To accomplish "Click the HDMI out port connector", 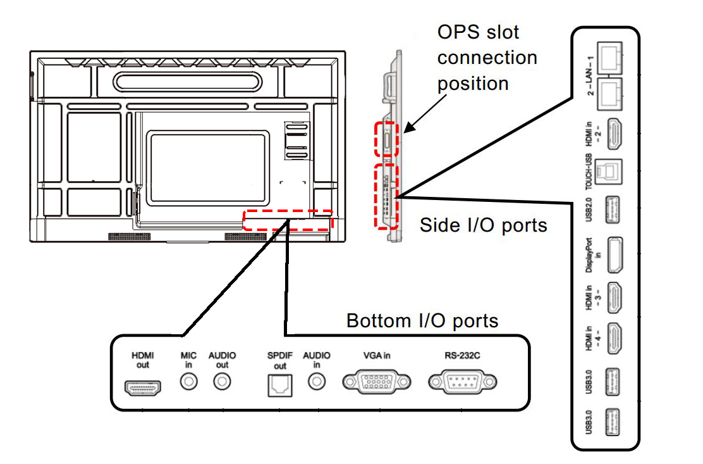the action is [x=143, y=388].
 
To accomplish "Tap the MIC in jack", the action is [x=189, y=382].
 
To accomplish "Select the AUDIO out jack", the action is [x=222, y=382].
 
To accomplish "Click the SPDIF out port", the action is [x=280, y=386].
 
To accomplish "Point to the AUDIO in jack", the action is [x=317, y=382].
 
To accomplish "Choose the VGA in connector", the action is [x=377, y=382].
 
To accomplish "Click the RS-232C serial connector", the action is [x=463, y=382].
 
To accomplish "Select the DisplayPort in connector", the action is [x=615, y=255].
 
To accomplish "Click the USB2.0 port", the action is [x=613, y=210].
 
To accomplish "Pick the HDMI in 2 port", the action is [x=614, y=134].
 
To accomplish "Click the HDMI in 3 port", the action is [x=614, y=298].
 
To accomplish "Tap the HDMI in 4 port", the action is [x=614, y=339].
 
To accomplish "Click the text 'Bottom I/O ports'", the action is [x=422, y=321].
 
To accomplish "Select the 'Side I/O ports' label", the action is [x=483, y=225].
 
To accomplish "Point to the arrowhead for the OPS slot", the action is [x=408, y=128].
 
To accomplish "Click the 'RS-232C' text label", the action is [x=462, y=355].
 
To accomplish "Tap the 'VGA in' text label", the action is [x=377, y=355].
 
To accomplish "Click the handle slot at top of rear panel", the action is [x=187, y=82].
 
